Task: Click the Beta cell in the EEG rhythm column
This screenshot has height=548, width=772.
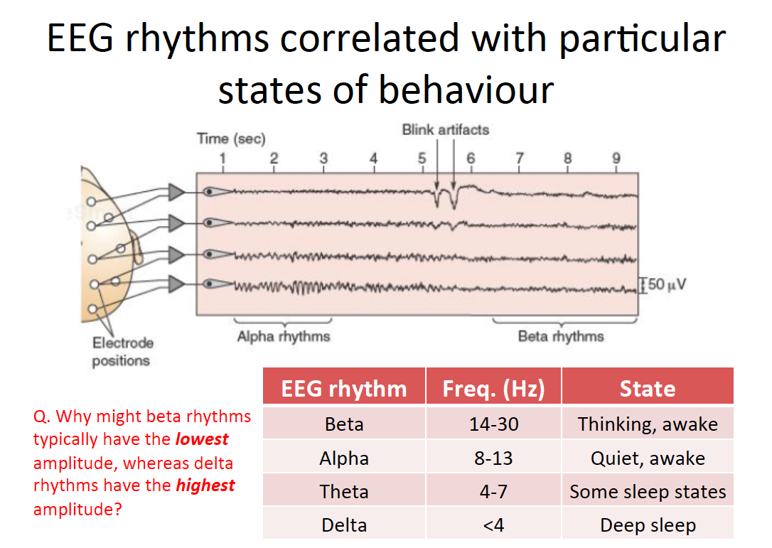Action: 344,424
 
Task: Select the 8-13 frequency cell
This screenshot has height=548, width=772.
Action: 493,458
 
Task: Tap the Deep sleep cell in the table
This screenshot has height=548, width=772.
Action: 648,525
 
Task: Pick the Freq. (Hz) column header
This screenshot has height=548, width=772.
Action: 493,389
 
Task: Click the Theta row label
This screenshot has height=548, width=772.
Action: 344,491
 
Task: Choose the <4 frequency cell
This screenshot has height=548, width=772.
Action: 493,525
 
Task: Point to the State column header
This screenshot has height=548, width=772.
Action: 648,389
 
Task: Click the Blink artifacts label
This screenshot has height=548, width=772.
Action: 446,130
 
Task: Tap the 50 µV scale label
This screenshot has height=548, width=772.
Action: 667,284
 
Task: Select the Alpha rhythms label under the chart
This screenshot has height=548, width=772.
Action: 284,336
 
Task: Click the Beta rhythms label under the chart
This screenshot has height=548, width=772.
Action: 561,336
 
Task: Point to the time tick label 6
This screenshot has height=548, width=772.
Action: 471,159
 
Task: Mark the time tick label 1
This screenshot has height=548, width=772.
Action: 223,159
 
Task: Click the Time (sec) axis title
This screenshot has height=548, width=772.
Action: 231,139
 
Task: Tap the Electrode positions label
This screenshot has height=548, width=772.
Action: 122,352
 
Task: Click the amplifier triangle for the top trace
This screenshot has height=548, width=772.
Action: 176,192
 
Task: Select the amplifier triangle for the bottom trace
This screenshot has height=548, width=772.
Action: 176,284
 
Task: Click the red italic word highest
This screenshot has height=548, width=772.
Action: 205,485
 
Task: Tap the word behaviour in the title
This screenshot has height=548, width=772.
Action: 466,90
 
